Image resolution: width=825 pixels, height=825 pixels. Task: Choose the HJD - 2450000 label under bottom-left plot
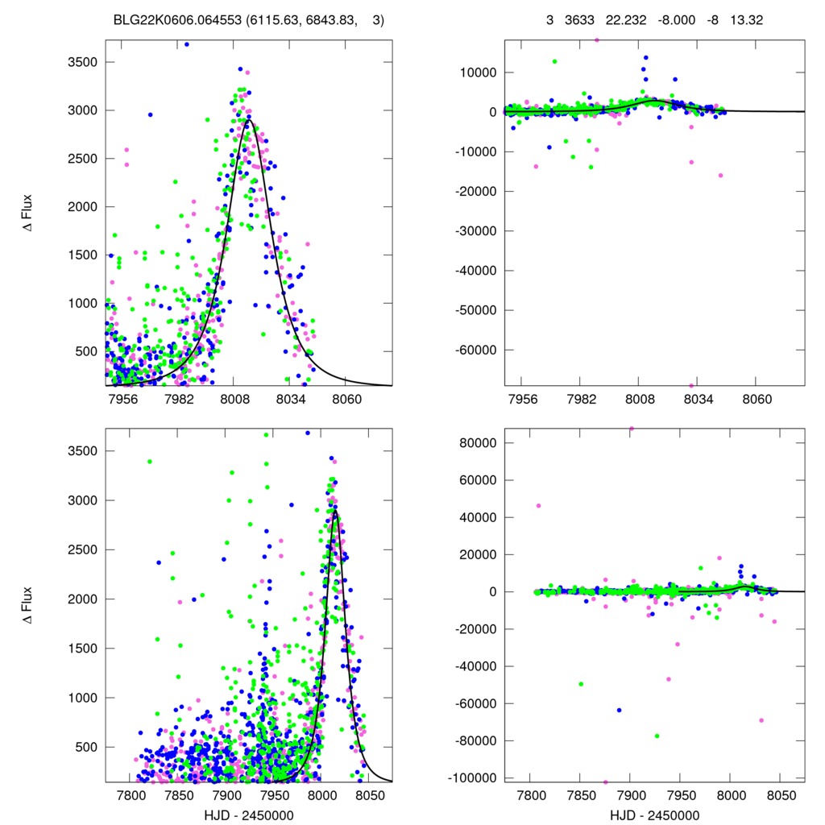pos(249,815)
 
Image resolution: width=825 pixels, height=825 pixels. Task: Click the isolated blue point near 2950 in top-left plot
pos(150,114)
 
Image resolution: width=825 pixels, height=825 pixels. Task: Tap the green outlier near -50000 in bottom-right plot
pos(580,684)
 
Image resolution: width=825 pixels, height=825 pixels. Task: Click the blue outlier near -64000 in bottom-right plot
pos(619,710)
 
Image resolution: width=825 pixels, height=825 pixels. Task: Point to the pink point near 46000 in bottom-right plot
pos(539,506)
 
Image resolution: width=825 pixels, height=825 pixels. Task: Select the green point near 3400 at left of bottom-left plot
pos(150,462)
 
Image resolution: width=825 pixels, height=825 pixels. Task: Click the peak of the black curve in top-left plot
pos(249,121)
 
